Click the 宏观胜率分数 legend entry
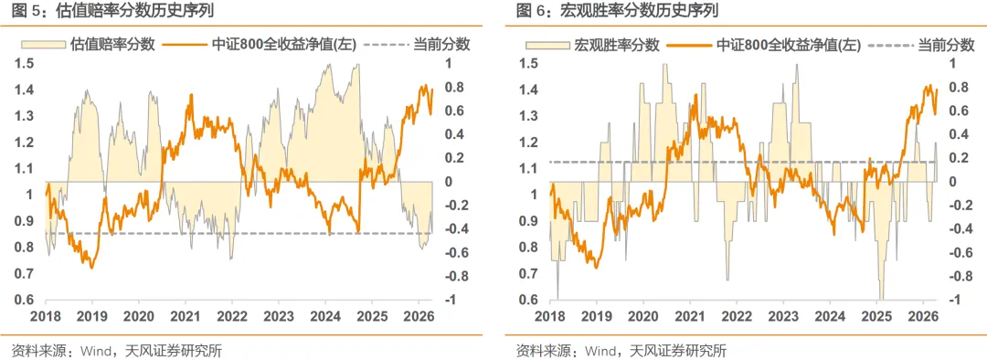pos(613,44)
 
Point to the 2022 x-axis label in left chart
pos(231,316)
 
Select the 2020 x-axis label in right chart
pos(642,316)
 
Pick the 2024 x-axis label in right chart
pos(829,316)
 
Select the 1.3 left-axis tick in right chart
pos(529,116)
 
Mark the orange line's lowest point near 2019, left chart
pos(90,266)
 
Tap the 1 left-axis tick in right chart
pos(535,195)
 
